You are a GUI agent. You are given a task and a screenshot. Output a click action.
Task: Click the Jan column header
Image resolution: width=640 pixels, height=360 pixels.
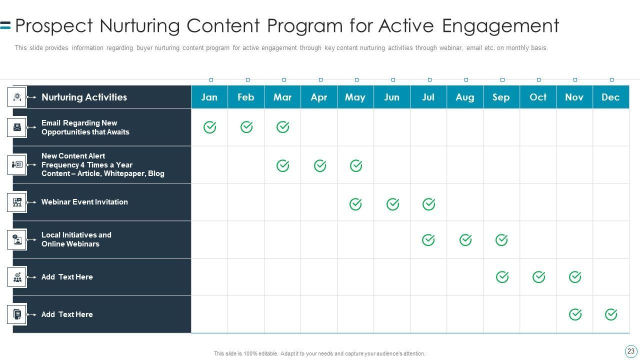click(x=209, y=97)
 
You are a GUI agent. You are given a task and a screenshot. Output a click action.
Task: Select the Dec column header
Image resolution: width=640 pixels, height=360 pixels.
click(x=611, y=97)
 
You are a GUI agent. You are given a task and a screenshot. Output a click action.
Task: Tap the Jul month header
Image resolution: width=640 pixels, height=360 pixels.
click(x=428, y=97)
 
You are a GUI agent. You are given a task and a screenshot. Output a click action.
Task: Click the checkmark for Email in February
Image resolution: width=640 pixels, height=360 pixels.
click(x=246, y=127)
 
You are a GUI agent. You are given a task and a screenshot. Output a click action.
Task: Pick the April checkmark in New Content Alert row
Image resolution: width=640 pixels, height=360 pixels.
click(x=320, y=165)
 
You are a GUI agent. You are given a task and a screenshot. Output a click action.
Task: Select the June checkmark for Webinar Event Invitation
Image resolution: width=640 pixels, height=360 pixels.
click(x=393, y=204)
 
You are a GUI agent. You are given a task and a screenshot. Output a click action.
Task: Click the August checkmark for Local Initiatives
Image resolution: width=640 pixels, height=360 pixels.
click(x=465, y=240)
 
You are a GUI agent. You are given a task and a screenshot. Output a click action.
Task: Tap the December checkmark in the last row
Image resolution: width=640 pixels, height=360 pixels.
click(x=611, y=314)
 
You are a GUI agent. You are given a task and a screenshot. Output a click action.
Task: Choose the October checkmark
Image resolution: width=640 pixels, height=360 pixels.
click(x=539, y=277)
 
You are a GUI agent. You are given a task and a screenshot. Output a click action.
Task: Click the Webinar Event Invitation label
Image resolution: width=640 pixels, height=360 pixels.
click(x=84, y=202)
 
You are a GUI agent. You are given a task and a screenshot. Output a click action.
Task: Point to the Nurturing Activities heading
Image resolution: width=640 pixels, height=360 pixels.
click(x=84, y=97)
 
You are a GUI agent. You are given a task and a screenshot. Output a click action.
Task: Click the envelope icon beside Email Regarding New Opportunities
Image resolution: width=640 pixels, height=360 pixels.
click(x=17, y=127)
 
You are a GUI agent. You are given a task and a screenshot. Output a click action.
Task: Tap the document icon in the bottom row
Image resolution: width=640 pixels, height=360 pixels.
click(x=17, y=314)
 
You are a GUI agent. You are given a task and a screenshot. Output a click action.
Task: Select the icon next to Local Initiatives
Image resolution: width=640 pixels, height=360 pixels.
click(x=17, y=239)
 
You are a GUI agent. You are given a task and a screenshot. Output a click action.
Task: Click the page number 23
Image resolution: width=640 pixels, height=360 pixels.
click(x=631, y=351)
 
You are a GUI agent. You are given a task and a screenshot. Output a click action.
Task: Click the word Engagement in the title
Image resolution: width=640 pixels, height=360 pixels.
click(x=500, y=26)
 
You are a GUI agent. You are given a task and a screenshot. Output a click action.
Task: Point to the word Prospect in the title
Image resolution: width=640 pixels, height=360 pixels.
click(x=54, y=26)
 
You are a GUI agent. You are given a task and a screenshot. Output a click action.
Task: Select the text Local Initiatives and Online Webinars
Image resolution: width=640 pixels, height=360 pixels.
click(x=76, y=239)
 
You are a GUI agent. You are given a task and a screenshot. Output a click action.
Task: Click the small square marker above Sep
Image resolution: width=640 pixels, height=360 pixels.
click(x=502, y=79)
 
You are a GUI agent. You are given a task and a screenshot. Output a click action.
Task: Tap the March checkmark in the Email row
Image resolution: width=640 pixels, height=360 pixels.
click(x=283, y=127)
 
